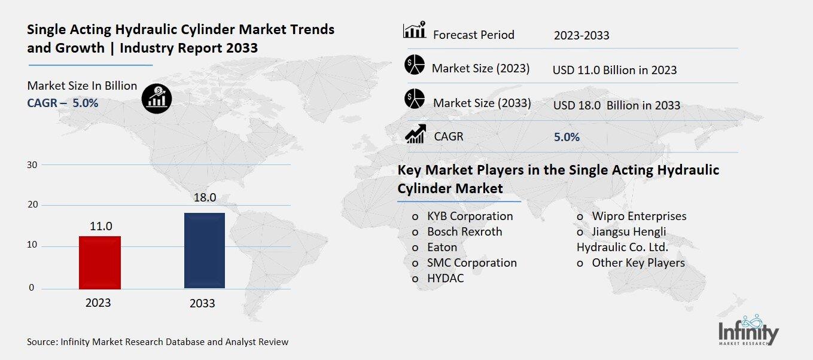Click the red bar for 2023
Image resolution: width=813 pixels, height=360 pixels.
click(100, 263)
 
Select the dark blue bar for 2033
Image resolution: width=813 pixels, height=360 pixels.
click(205, 251)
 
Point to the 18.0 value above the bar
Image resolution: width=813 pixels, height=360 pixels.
click(204, 198)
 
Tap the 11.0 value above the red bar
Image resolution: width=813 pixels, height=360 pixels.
click(101, 226)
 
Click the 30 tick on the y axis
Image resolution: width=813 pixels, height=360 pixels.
click(32, 165)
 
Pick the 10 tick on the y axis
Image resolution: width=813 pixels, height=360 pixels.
click(32, 245)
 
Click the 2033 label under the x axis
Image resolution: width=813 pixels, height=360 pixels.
click(202, 303)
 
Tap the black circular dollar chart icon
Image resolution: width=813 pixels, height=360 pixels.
click(157, 97)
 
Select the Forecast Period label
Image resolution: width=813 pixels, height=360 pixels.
click(473, 35)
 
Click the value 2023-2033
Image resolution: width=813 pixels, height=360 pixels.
click(581, 35)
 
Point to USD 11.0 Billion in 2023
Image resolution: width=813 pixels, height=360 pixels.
click(614, 70)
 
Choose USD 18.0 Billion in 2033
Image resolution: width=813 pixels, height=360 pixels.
click(616, 105)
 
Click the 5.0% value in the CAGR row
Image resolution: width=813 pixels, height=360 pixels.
click(567, 137)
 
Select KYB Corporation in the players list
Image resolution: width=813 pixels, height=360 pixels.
click(470, 216)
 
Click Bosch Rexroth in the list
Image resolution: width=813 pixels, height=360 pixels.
click(464, 231)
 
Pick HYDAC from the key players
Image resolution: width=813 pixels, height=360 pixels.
click(445, 278)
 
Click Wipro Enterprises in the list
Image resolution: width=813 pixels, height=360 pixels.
click(638, 216)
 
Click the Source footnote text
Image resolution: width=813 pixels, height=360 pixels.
click(157, 342)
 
